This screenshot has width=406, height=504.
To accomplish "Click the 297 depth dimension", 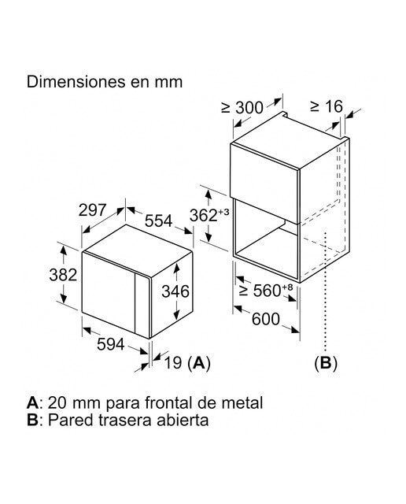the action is (x=93, y=210).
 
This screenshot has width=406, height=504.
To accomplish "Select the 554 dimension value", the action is (x=159, y=221).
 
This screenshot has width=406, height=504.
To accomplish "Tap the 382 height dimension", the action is (x=63, y=275).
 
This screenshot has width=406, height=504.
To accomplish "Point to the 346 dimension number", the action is (x=175, y=291).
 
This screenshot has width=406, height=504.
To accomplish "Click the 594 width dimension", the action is (x=110, y=345).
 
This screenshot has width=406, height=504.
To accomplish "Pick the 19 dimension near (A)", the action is (x=173, y=363).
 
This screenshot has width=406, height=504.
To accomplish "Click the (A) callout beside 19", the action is (x=199, y=363).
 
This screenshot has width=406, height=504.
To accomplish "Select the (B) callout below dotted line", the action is (x=326, y=363).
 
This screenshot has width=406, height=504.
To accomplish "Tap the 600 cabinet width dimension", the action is (x=266, y=319).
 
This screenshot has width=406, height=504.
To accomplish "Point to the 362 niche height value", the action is (x=203, y=215).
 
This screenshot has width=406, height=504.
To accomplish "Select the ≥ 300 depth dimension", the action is (x=242, y=108).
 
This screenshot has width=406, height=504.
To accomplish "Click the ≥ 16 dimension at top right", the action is (x=327, y=106).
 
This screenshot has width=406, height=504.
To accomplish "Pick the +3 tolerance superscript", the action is (x=223, y=212).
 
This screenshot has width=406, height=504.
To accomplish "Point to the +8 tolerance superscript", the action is (x=288, y=287).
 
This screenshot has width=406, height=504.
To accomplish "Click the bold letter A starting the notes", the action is (x=32, y=402).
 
